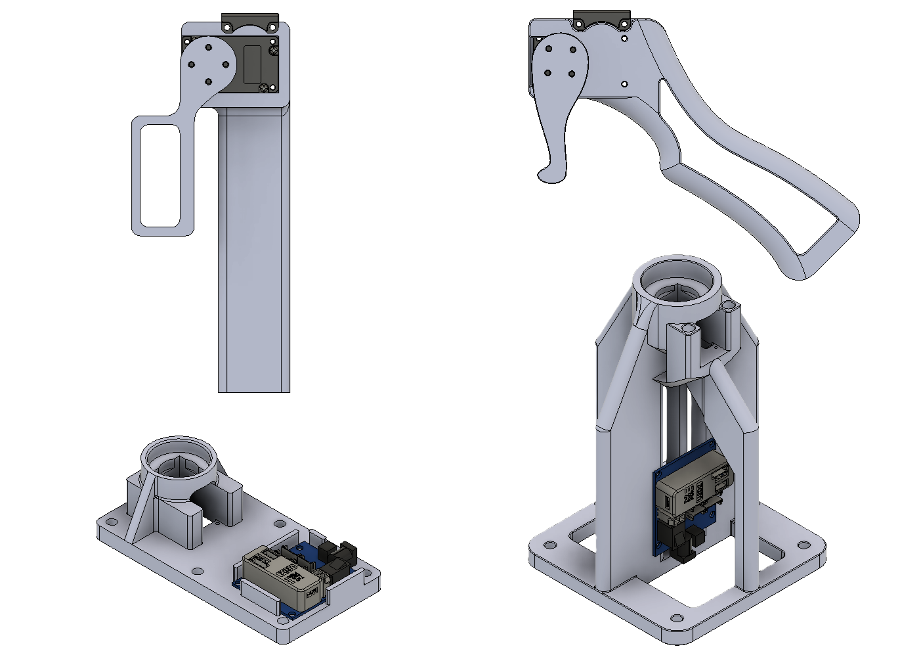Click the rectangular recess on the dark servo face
[252, 64]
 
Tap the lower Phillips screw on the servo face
[265, 87]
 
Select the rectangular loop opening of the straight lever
[160, 175]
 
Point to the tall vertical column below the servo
[254, 250]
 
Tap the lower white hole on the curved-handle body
[624, 84]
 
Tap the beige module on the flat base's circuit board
[284, 576]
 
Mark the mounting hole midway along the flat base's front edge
[196, 570]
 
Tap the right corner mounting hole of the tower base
[803, 544]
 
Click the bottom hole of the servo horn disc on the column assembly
[209, 82]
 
